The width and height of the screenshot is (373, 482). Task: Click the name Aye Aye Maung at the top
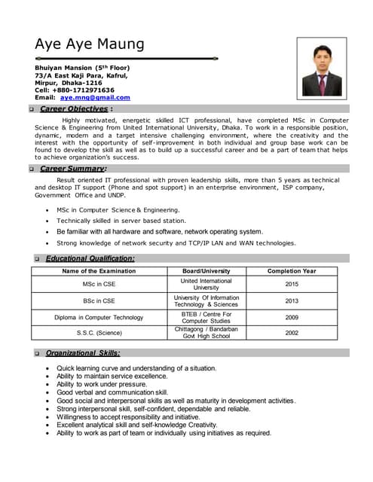coord(89,44)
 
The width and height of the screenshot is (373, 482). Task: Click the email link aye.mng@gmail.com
coord(95,98)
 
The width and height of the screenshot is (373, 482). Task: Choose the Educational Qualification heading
coord(90,258)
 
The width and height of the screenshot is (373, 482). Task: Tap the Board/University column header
coord(206,271)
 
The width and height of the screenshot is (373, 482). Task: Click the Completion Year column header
coord(292,271)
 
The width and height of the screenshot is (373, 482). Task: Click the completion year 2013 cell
coord(292,301)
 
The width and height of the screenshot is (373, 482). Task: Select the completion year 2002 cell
coord(292,333)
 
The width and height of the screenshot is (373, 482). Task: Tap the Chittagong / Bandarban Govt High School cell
coord(206,333)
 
